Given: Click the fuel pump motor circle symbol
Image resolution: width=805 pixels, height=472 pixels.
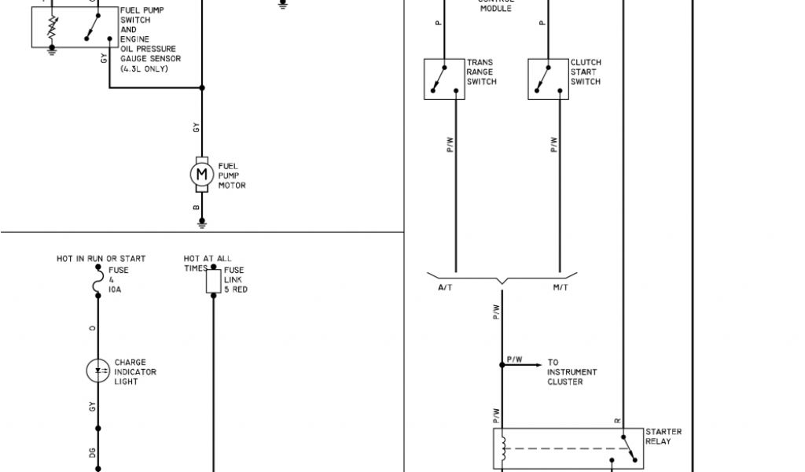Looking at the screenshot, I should pos(202,172).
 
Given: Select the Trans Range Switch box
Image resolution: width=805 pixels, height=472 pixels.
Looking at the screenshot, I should pos(444,79).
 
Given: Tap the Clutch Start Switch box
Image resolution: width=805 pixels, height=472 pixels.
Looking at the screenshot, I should pos(548,79).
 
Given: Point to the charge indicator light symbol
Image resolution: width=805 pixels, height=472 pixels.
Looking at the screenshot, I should pos(98,371).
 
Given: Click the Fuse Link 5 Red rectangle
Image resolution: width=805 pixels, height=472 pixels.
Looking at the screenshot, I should pos(213,282).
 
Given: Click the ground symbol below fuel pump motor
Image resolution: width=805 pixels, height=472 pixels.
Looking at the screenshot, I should pos(202,224).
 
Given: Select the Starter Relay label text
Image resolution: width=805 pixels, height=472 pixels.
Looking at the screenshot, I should pos(663,437).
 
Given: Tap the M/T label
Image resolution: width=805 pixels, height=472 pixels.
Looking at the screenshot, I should pos(561,288).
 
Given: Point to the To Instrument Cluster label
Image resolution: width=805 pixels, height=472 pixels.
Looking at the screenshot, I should pos(572,372).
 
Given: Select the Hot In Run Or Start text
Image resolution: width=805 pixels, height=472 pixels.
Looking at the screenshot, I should pos(101,258).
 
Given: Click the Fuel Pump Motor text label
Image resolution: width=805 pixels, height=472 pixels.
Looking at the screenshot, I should pos(232,175).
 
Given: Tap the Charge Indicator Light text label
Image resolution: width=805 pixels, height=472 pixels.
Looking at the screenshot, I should pos(135,372).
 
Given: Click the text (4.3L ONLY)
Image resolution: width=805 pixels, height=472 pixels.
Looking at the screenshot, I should pos(144,68).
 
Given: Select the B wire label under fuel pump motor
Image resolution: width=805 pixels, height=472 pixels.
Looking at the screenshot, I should pos(196,208).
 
